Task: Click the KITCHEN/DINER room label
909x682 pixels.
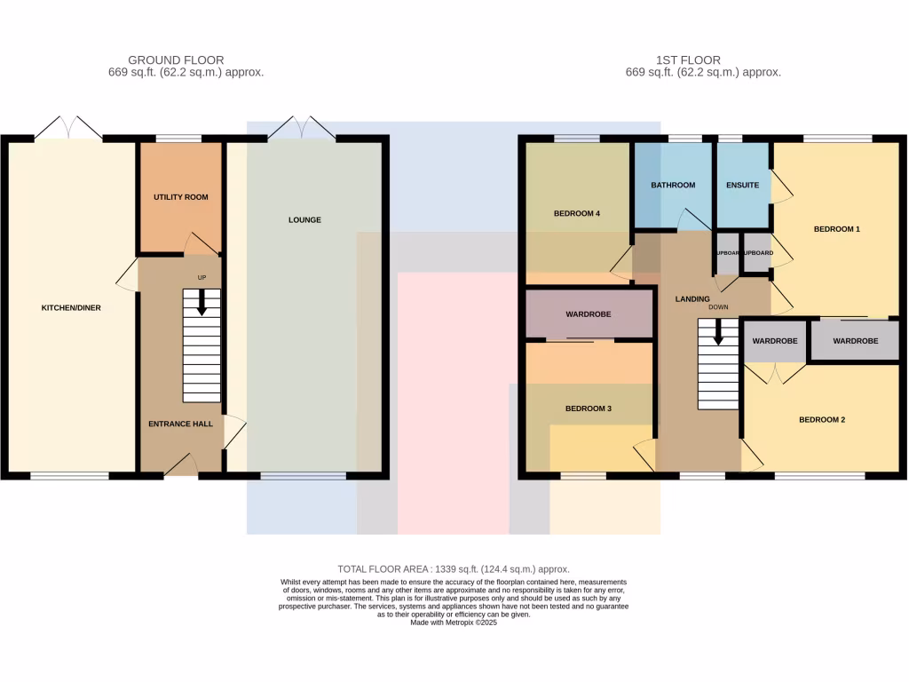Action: pyautogui.click(x=71, y=308)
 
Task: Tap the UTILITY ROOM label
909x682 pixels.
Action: pyautogui.click(x=180, y=196)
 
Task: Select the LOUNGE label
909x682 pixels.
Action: pyautogui.click(x=304, y=219)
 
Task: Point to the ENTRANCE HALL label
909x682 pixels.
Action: pyautogui.click(x=180, y=424)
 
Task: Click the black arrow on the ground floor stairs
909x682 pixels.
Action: pyautogui.click(x=202, y=303)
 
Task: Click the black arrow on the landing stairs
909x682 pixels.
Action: pyautogui.click(x=718, y=332)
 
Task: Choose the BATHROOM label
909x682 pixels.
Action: pyautogui.click(x=673, y=185)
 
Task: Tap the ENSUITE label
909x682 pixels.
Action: pyautogui.click(x=742, y=185)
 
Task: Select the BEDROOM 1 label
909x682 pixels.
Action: pyautogui.click(x=836, y=229)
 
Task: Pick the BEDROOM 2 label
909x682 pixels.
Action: pyautogui.click(x=821, y=419)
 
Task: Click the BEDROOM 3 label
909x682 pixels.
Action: pyautogui.click(x=589, y=408)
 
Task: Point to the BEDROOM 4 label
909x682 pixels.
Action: pyautogui.click(x=577, y=213)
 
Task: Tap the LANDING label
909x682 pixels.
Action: pyautogui.click(x=692, y=299)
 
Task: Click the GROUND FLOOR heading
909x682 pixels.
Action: pyautogui.click(x=176, y=60)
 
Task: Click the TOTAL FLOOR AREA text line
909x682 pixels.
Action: pyautogui.click(x=454, y=568)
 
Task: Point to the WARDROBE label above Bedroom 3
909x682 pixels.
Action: pyautogui.click(x=589, y=314)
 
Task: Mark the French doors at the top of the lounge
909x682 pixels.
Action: pyautogui.click(x=302, y=129)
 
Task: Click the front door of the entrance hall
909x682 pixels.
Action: pyautogui.click(x=181, y=464)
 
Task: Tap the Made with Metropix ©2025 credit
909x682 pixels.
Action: pyautogui.click(x=454, y=623)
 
